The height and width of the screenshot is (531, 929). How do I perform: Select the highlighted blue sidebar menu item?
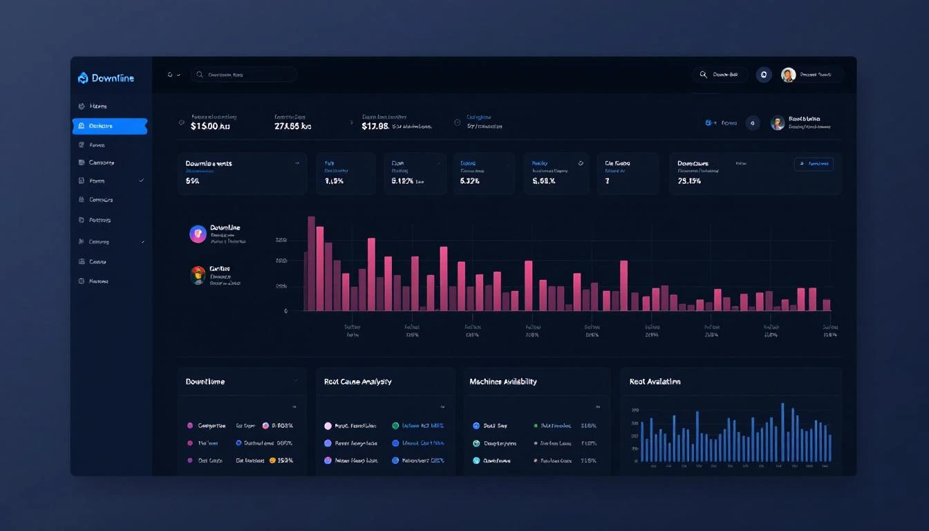pos(110,126)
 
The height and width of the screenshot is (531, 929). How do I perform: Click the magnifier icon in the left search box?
pos(200,75)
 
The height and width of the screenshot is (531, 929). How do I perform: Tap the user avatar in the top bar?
pos(788,75)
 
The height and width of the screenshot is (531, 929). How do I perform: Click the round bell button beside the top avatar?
pos(763,75)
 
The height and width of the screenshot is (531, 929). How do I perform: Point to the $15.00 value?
pos(209,127)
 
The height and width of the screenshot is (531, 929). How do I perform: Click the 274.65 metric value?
pos(292,127)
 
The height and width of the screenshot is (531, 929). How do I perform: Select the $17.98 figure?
pos(375,127)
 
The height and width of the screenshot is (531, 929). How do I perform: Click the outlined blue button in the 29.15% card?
pos(814,164)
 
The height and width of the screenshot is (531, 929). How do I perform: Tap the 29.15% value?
pos(689,181)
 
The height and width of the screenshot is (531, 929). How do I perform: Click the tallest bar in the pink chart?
pos(312,263)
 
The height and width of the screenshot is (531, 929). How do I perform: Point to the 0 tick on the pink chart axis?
pos(285,311)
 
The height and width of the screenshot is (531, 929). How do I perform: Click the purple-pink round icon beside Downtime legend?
pos(198,234)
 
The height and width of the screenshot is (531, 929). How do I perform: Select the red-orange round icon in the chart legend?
pos(198,275)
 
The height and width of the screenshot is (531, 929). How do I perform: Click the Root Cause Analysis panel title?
pos(357,382)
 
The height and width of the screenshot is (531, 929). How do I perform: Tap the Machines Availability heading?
pos(503,382)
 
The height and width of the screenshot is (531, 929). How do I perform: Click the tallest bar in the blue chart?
pos(782,432)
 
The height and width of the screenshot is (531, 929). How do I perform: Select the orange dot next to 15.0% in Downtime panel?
pos(272,460)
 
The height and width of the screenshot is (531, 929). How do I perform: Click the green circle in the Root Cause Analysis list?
pos(395,426)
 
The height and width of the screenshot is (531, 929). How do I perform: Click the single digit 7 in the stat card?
pos(607,181)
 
